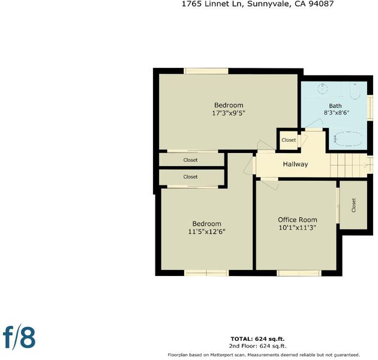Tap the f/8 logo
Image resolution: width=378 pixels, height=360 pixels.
point(19,337)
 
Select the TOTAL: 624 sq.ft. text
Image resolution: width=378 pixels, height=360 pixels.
point(257,339)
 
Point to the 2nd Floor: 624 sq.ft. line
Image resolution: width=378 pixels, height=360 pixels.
point(258,346)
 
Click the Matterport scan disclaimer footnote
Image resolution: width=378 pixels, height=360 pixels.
point(264,355)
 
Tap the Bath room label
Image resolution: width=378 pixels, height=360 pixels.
point(335,106)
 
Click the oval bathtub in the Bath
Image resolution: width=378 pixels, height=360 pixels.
point(349,139)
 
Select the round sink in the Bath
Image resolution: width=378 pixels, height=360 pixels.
point(322,88)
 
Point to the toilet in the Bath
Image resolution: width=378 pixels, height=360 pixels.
point(355,91)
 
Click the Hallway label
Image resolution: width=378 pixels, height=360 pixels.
point(295,164)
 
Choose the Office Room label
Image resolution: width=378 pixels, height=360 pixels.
point(298,220)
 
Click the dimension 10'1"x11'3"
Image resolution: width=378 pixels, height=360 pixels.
point(298,227)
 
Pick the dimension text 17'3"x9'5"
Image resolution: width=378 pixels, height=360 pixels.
point(229,113)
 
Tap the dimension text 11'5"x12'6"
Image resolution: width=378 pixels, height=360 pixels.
point(206,232)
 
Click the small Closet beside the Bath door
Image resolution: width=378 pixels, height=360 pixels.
point(289,140)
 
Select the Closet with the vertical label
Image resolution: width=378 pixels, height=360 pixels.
point(353,205)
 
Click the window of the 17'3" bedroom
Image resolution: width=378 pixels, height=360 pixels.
point(206,71)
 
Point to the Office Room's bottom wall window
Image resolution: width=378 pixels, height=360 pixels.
point(299,273)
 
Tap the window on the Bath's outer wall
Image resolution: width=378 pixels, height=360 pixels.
point(370,107)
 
